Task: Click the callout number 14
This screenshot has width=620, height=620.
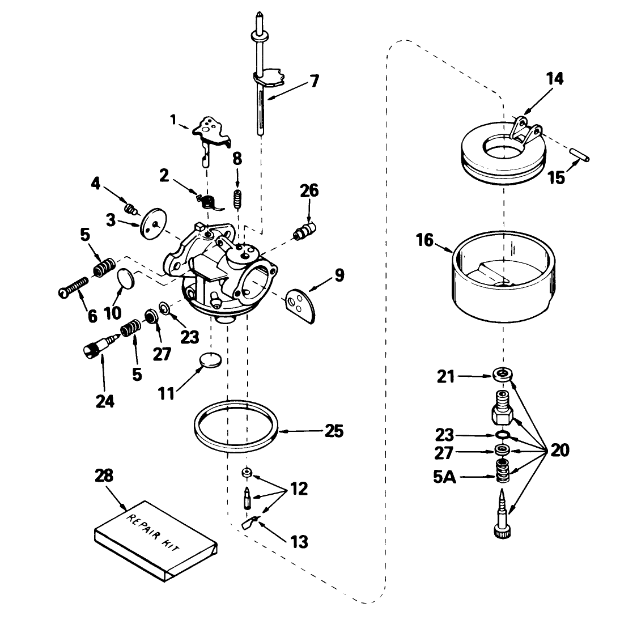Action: [555, 79]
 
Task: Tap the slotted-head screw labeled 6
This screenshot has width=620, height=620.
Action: [74, 287]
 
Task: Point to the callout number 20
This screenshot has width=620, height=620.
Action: [559, 451]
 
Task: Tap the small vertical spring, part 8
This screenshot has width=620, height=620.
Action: [237, 199]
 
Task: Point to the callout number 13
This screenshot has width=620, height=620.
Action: [299, 542]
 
